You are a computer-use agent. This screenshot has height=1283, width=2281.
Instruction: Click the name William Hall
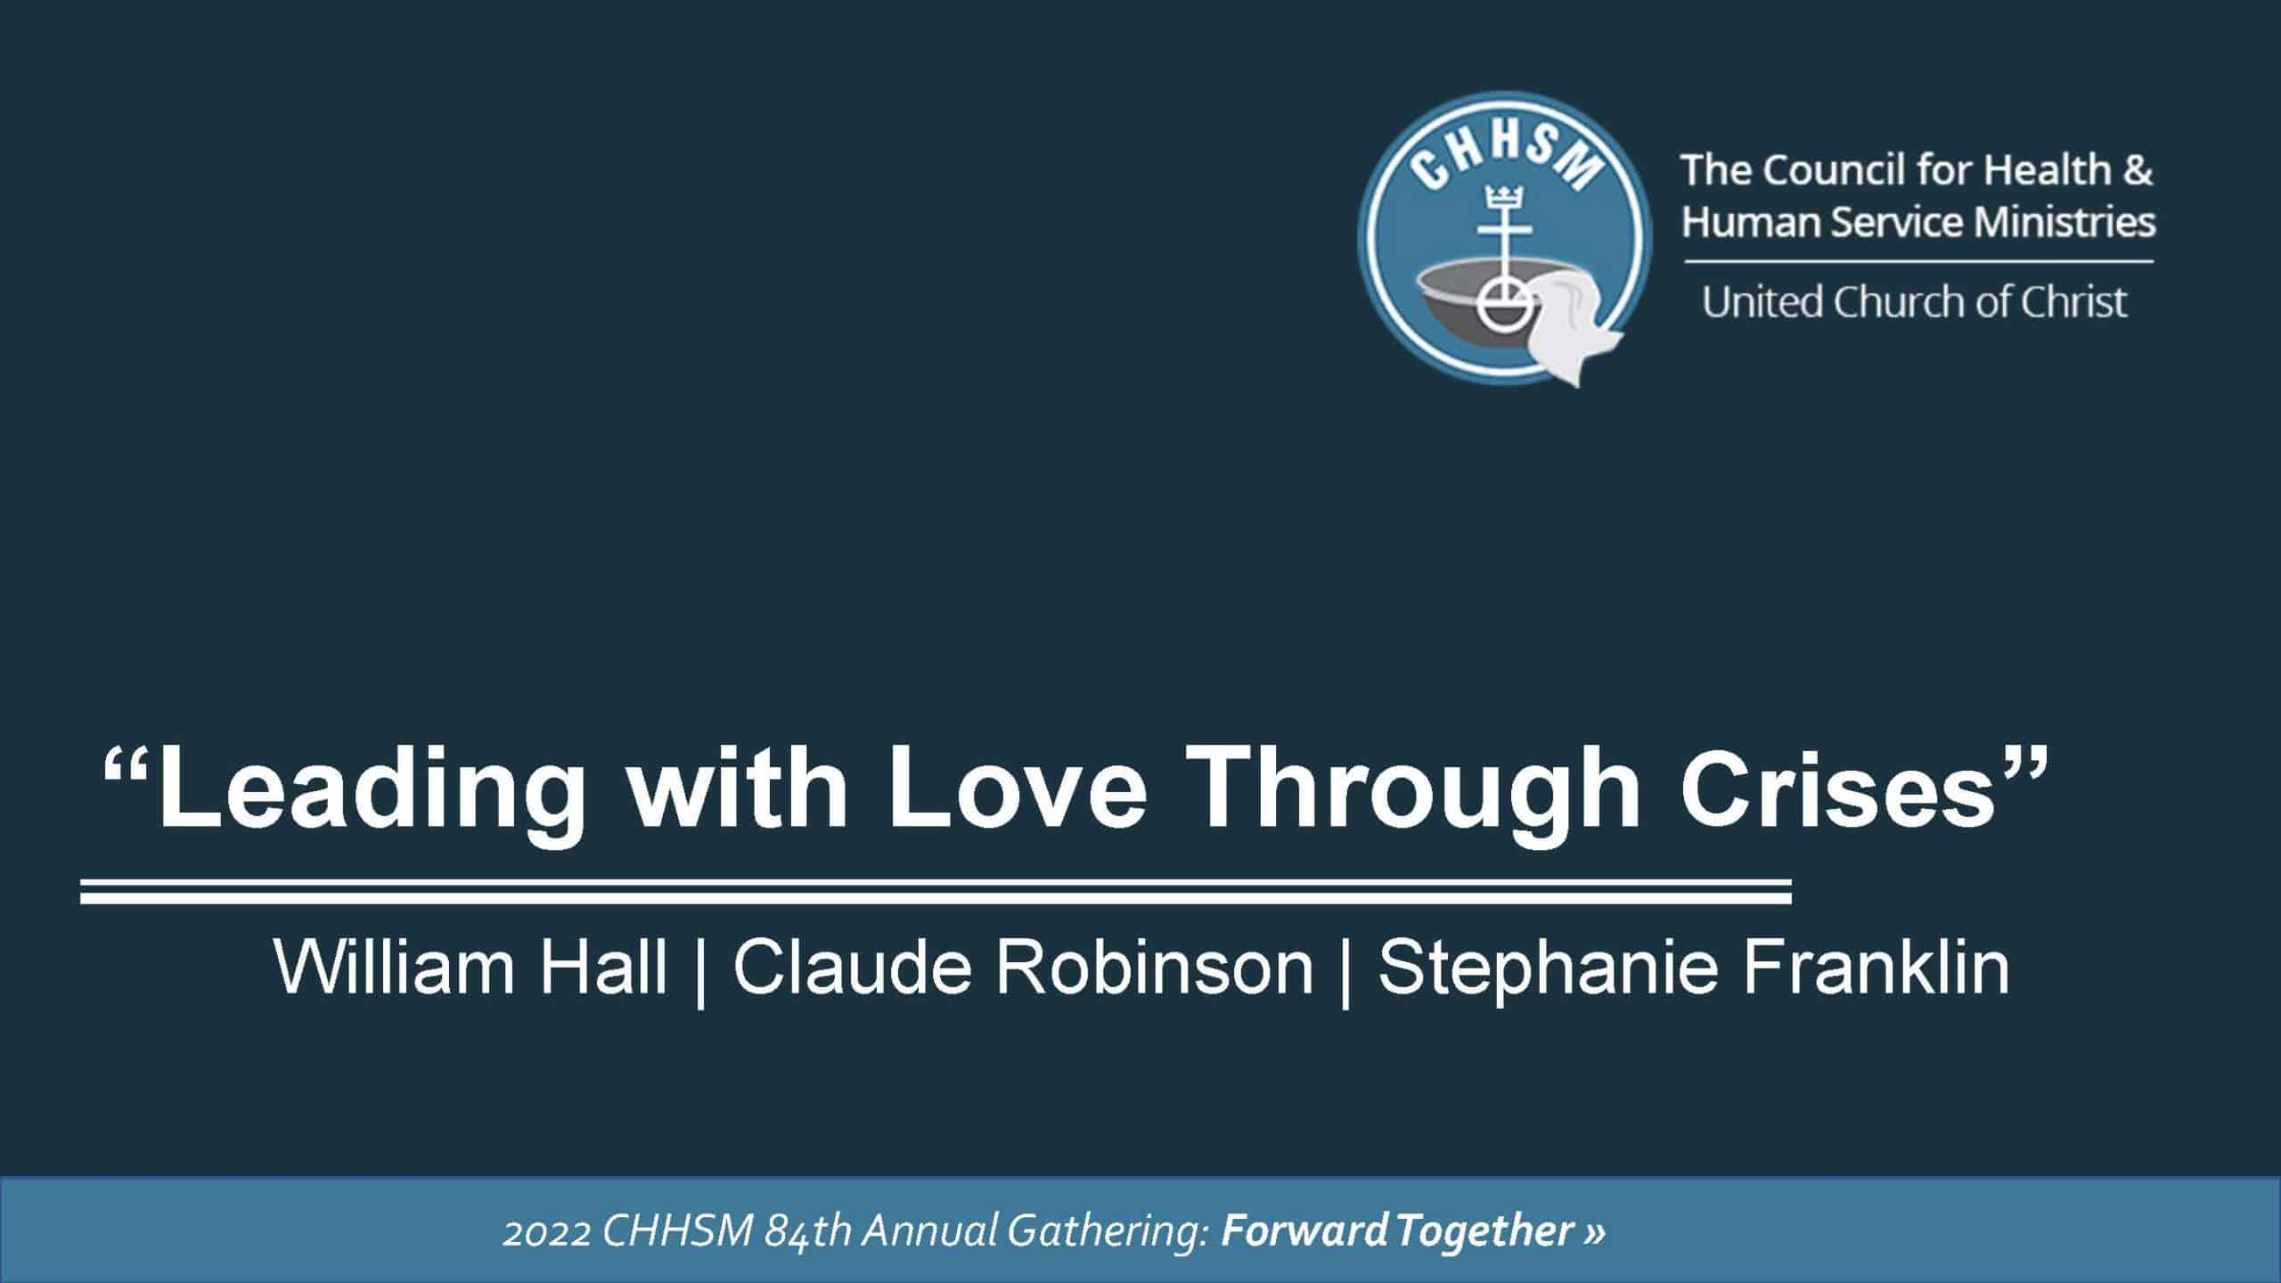[x=470, y=968]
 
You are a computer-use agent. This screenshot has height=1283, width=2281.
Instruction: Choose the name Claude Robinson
[x=1023, y=968]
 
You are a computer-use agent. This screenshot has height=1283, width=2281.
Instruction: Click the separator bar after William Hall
[x=700, y=971]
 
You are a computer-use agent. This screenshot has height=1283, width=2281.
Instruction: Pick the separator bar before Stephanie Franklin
[x=1345, y=971]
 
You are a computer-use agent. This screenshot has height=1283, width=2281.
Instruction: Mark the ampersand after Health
[x=2137, y=171]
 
